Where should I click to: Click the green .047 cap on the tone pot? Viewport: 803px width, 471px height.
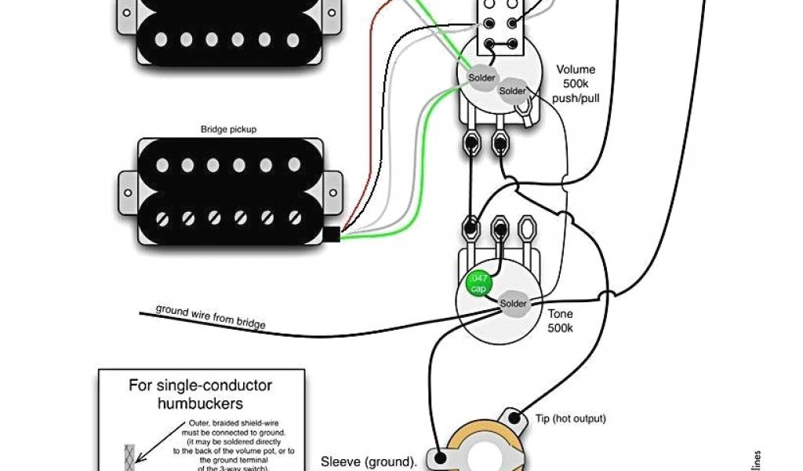[477, 283]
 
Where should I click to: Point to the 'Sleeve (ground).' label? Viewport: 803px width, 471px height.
[369, 462]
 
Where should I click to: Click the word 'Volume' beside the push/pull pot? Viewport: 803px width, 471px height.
[576, 69]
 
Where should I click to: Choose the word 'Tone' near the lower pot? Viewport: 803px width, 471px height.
[560, 314]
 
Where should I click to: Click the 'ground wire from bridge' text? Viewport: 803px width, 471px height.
[210, 316]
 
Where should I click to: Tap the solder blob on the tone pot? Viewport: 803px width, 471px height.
[514, 304]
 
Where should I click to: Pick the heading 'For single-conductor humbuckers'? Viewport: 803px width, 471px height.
[200, 395]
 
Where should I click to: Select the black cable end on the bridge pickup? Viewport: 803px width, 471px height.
[334, 234]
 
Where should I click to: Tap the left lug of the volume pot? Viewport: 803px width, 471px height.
[471, 144]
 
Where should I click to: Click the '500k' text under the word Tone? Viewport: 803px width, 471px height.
[560, 327]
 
